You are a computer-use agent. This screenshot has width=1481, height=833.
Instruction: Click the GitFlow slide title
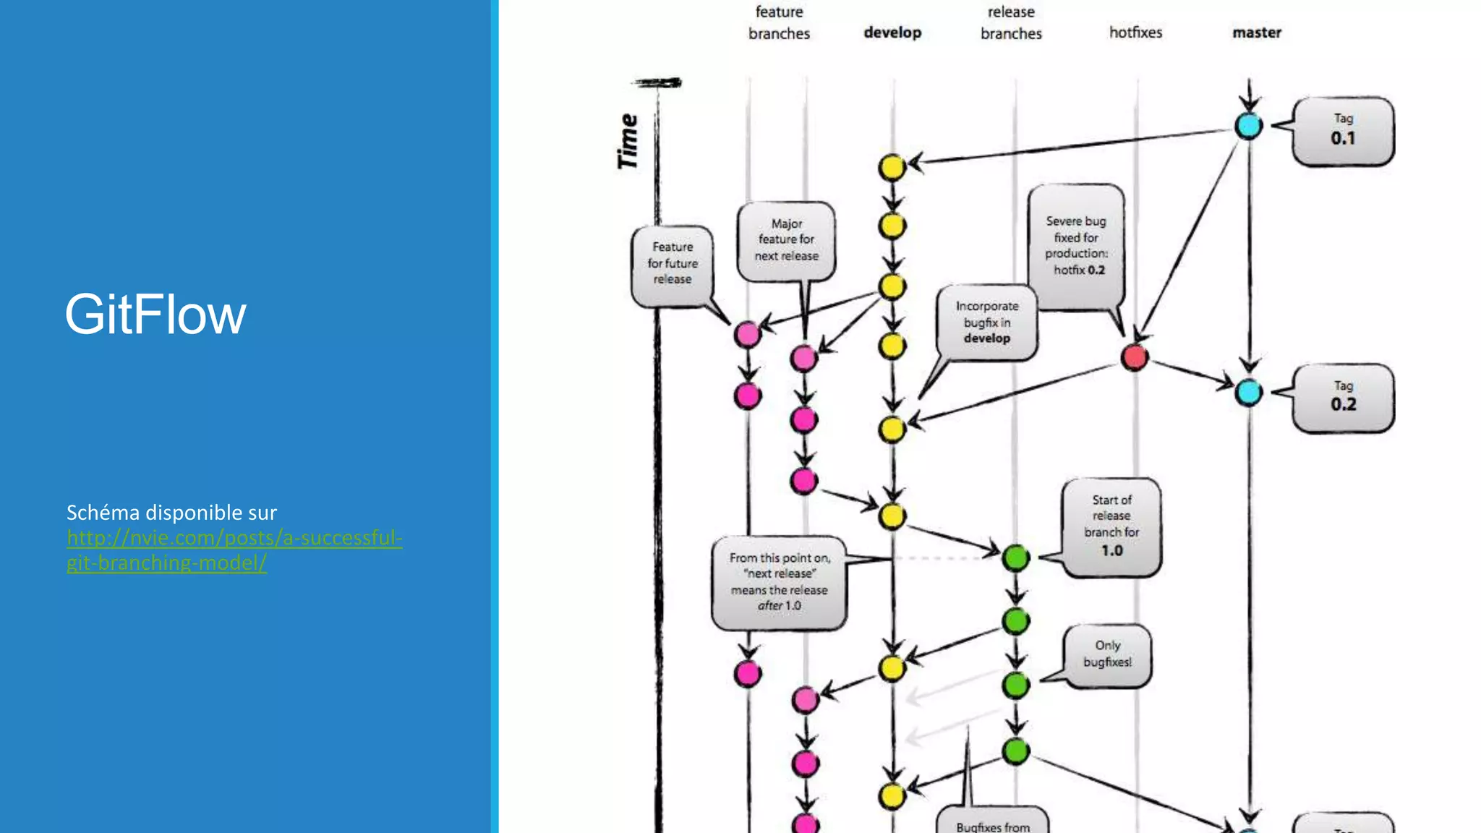point(155,315)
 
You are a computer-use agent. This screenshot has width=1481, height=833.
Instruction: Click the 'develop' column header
point(892,33)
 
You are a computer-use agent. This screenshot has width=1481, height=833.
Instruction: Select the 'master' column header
point(1257,33)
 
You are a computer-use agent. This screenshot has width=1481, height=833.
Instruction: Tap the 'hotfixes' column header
point(1135,33)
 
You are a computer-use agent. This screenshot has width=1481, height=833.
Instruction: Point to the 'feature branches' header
point(779,22)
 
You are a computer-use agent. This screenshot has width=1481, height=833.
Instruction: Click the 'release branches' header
point(1011,22)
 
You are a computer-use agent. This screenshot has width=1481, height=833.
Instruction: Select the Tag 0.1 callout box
point(1343,131)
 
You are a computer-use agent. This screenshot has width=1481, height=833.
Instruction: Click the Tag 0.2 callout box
point(1343,398)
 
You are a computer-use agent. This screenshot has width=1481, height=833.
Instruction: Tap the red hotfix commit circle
point(1134,357)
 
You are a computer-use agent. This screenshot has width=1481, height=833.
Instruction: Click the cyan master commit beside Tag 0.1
point(1249,126)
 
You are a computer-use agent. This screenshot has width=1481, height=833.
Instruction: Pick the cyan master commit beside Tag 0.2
point(1249,393)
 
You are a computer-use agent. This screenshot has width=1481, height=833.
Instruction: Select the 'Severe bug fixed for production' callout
point(1076,246)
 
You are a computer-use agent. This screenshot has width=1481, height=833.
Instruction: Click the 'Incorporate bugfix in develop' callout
point(986,322)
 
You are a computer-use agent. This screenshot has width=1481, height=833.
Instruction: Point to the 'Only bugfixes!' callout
point(1107,654)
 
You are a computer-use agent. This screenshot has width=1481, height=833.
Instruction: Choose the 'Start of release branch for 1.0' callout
point(1111,526)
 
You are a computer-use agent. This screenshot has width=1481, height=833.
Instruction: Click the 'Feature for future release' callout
point(672,264)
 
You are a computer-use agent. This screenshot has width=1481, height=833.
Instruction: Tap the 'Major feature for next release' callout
point(786,240)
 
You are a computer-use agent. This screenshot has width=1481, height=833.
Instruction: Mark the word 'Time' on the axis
point(628,142)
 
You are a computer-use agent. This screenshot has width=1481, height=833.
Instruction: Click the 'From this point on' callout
point(779,582)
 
